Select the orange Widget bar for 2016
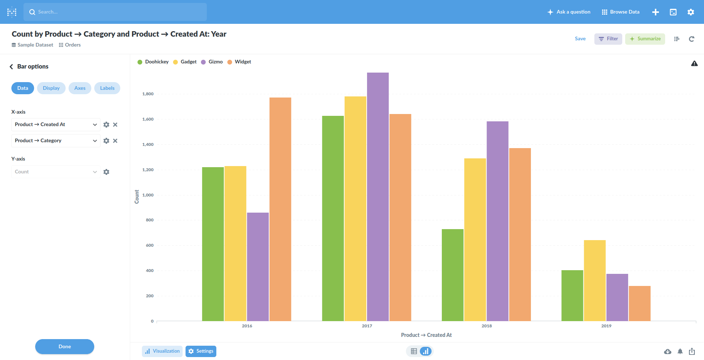point(280,209)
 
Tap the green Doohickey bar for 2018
point(452,275)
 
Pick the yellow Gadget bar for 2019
point(594,280)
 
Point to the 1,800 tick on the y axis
point(148,94)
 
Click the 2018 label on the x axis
point(487,326)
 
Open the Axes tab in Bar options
point(80,88)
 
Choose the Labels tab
point(107,88)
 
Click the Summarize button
point(645,39)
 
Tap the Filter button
point(608,39)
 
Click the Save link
point(580,39)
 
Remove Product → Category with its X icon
point(115,141)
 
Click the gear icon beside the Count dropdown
point(106,172)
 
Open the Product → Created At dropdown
point(56,125)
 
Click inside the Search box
point(115,12)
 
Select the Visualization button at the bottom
point(162,351)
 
